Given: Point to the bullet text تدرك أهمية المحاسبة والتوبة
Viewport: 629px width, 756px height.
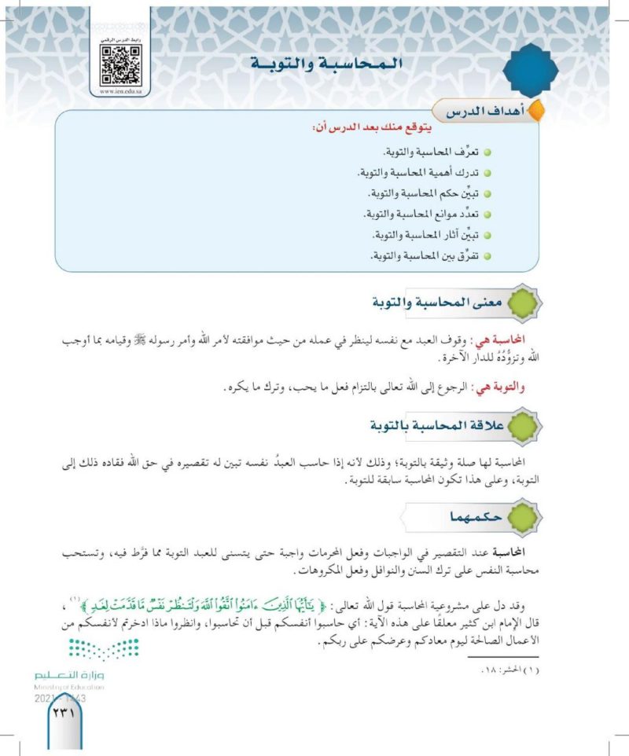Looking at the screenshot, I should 421,172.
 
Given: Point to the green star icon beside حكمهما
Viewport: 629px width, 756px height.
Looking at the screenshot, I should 526,519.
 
